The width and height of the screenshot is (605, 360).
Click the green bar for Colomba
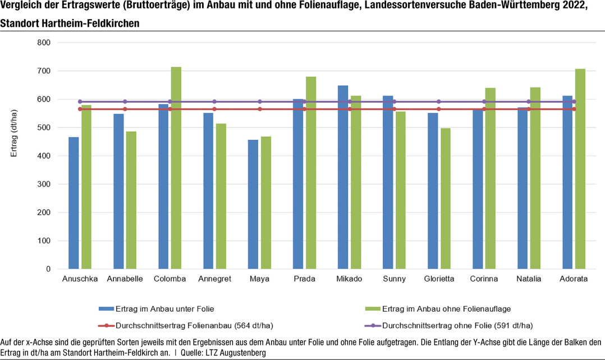[176, 168]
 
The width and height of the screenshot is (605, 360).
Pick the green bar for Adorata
[580, 169]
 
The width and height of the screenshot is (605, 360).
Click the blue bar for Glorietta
[433, 191]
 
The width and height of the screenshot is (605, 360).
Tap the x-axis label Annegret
[215, 279]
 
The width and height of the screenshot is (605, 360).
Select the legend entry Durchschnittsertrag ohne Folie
[457, 325]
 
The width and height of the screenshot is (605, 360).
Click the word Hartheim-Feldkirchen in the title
[91, 24]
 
